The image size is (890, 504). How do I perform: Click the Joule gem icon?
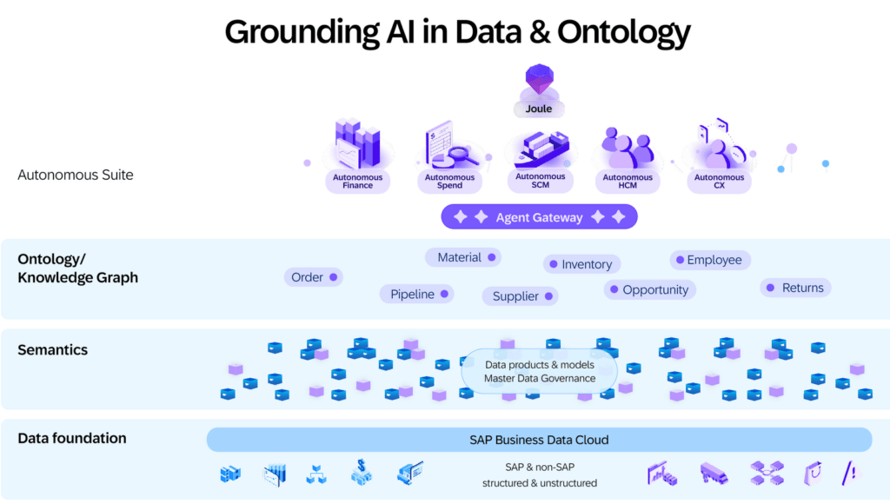[539, 78]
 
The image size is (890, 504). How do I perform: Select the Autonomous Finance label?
[357, 182]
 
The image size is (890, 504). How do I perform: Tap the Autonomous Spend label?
[449, 182]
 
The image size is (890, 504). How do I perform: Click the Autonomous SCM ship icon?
[541, 149]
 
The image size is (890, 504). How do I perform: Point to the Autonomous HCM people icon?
[628, 147]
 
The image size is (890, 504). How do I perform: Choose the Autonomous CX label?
[719, 182]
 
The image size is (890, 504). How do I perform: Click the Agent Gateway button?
[539, 217]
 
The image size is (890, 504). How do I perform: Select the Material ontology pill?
[462, 258]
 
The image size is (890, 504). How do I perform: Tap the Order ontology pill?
[313, 277]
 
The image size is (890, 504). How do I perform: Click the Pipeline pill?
[417, 294]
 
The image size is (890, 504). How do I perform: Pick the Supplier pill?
[521, 296]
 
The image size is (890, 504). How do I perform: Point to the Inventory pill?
[581, 264]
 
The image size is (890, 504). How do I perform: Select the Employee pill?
[710, 260]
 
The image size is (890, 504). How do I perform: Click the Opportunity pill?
[650, 290]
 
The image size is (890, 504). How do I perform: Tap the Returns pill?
[796, 288]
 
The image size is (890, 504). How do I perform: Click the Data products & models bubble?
[539, 372]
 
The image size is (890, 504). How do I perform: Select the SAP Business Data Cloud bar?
[539, 440]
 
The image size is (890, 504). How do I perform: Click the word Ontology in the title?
[624, 32]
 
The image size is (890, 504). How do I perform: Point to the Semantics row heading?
[53, 349]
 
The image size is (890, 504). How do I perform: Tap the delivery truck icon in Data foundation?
[714, 473]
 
